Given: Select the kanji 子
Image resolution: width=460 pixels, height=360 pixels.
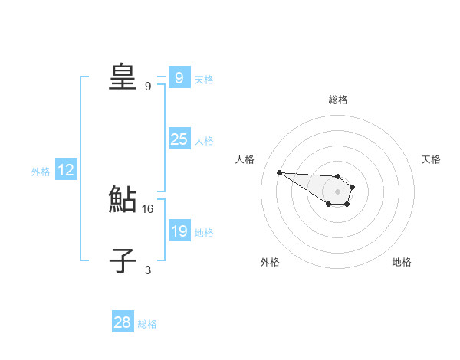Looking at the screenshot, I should point(123,262).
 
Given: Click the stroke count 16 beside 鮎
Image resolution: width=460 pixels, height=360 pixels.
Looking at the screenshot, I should point(148,208).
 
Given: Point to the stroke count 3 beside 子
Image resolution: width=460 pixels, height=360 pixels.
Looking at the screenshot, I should point(148,270).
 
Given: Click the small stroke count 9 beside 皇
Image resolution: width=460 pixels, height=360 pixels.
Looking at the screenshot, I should point(148,86).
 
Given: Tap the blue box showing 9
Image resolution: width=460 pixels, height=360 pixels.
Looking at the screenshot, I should point(179,78).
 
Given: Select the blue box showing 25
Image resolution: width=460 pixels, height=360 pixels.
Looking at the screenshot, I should point(179,139).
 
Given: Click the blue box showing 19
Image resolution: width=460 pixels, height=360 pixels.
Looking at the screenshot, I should point(179,231).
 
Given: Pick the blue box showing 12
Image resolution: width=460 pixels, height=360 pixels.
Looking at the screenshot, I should point(66,170).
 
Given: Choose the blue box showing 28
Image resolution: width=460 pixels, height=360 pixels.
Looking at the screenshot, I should point(123,322).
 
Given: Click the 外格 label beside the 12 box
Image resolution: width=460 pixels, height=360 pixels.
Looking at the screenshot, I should point(41,172).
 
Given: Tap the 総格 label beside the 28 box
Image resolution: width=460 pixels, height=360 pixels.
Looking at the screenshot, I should point(147,324).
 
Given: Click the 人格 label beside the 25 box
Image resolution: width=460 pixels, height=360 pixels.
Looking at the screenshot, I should point(204,141).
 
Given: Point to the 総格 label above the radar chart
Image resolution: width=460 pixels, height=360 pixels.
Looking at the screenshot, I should point(338,100).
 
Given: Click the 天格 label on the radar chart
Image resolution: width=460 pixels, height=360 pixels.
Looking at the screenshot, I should point(432,159).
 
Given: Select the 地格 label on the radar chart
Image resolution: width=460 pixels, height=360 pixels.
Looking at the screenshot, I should point(402,262).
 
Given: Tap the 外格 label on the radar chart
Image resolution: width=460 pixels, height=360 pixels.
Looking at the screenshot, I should point(270,262).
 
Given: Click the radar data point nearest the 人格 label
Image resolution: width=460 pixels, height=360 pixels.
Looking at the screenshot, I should point(279,172).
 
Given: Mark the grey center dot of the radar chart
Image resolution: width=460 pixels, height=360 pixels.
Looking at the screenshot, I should point(338,191).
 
